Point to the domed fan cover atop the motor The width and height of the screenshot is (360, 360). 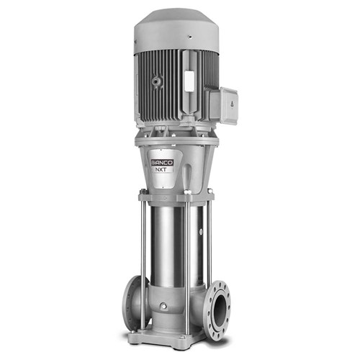point(176,25)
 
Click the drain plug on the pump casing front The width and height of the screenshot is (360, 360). point(163,307)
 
